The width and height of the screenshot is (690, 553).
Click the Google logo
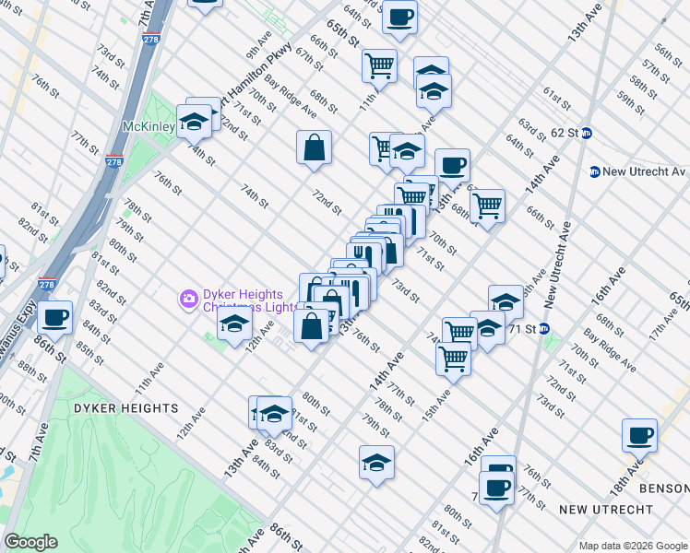[x=30, y=542]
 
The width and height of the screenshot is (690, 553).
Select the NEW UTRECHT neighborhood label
[x=606, y=509]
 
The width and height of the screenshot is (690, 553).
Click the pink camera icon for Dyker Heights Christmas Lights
[x=188, y=298]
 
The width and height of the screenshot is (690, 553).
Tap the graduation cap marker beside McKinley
[x=194, y=121]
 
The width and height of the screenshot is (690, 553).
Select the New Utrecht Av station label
[x=645, y=171]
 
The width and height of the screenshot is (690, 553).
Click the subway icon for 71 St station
[x=544, y=328]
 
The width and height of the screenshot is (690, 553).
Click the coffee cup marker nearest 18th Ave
[x=639, y=435]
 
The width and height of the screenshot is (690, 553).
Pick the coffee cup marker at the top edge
[x=399, y=17]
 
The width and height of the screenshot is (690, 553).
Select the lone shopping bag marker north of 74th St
[x=314, y=147]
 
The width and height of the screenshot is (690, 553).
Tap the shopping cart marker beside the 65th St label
[x=378, y=65]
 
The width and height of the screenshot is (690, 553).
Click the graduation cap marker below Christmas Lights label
[x=235, y=324]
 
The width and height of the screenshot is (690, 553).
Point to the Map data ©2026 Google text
[x=632, y=546]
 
